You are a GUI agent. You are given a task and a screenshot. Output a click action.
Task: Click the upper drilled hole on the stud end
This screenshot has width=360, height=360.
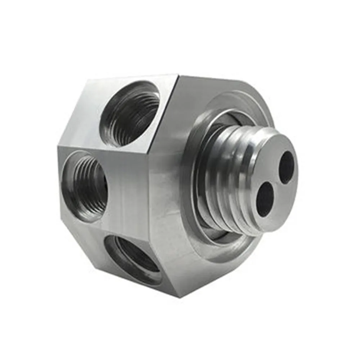coord(287,167)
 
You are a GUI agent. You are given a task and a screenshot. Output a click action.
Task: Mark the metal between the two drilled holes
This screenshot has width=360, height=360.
coord(276,184)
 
